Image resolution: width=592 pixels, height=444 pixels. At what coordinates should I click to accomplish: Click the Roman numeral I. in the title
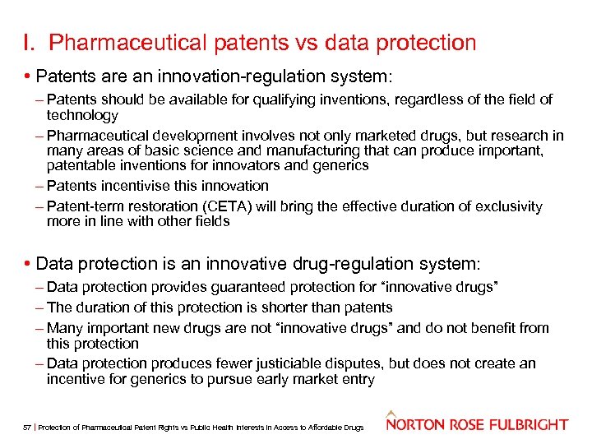click(x=30, y=43)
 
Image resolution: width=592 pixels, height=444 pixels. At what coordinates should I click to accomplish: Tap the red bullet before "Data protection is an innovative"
click(x=29, y=264)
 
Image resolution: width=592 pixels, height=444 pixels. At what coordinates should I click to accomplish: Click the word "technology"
click(x=82, y=115)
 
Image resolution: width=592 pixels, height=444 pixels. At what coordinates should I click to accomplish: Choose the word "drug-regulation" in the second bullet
click(x=350, y=264)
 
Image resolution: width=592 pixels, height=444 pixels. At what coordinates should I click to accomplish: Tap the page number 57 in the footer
click(x=27, y=427)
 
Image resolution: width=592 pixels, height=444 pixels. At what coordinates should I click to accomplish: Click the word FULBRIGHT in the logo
click(x=526, y=425)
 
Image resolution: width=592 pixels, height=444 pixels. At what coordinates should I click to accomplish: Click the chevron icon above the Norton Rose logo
click(x=393, y=413)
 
